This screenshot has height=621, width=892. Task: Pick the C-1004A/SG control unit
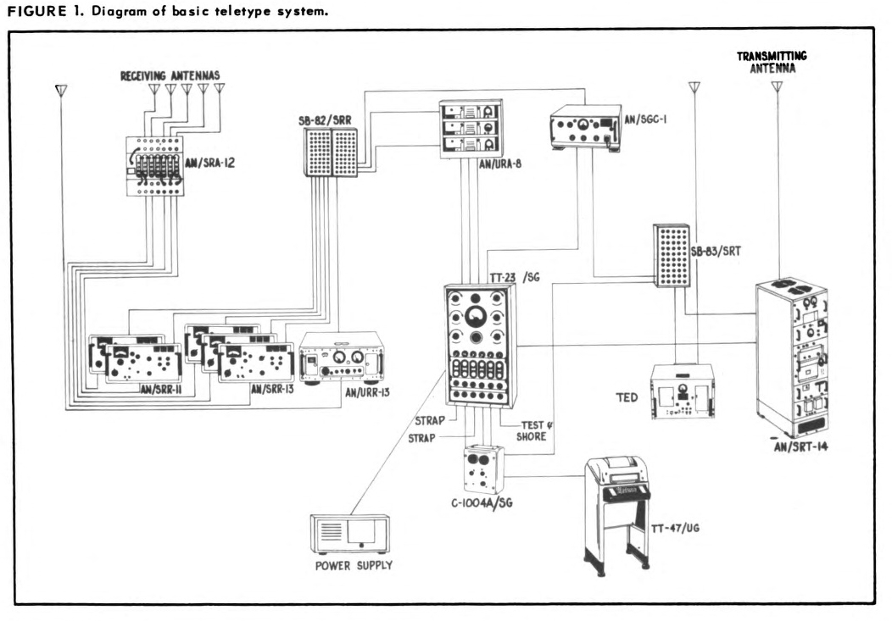coord(482,468)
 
